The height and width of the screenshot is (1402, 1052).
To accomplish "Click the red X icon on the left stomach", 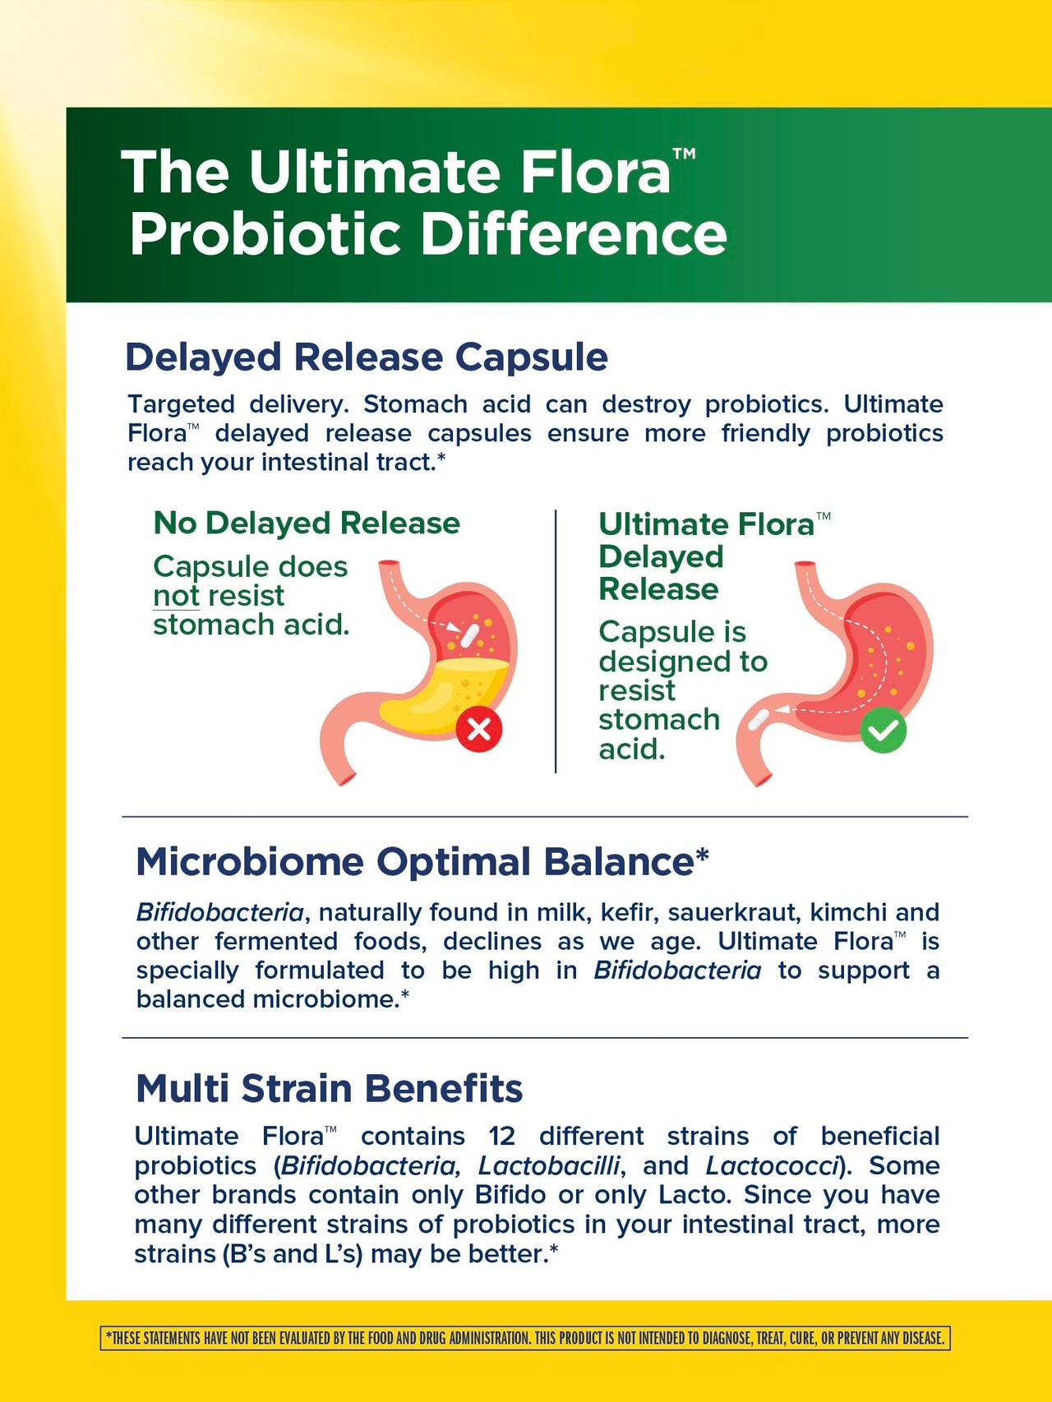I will point(479,729).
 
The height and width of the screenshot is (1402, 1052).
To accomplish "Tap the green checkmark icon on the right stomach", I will point(884,730).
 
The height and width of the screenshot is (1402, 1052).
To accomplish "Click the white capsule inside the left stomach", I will point(469,634).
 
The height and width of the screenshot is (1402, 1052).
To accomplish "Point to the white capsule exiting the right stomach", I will point(758,720).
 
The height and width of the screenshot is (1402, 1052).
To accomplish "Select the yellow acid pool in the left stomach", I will point(444,690).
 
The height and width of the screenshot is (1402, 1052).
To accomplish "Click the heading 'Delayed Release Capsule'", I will point(367,357).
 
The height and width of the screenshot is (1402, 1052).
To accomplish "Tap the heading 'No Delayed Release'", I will point(307,523).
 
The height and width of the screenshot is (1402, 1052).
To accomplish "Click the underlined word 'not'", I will point(177,596).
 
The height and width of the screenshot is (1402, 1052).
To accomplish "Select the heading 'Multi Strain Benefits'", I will point(329,1088).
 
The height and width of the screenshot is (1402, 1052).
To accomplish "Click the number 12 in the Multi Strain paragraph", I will point(502,1137).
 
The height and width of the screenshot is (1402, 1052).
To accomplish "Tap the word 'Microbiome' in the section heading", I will point(250,862).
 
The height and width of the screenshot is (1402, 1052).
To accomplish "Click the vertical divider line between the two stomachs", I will point(556,641).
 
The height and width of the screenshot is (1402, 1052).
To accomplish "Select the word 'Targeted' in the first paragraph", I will point(181,404).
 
